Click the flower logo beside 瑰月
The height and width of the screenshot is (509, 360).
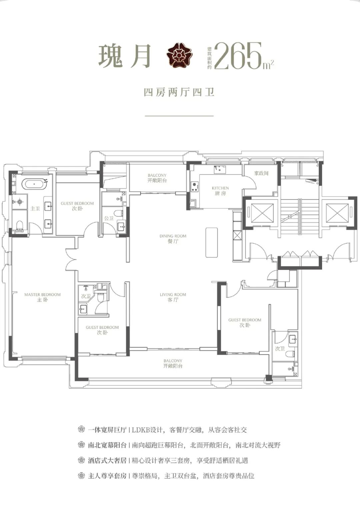179,55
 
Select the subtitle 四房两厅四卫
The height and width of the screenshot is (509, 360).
179,92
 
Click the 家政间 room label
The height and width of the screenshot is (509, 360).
261,173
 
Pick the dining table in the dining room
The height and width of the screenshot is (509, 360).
212,243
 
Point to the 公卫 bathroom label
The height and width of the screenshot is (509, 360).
109,218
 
